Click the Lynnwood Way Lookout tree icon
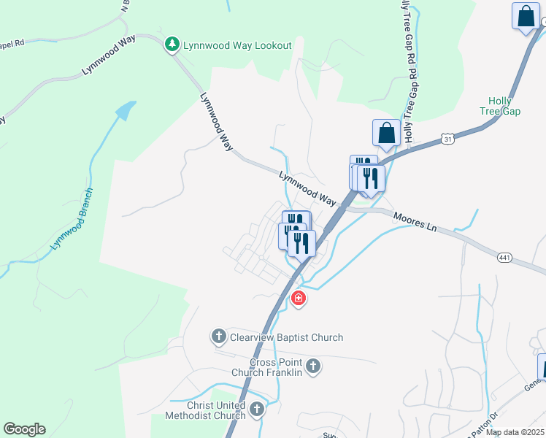point(172,45)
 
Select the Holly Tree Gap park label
point(504,105)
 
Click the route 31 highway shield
point(448,139)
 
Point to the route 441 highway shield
point(504,258)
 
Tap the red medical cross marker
point(298,298)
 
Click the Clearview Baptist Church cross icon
point(218,337)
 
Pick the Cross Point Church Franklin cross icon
point(313,366)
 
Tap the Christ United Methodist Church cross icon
point(256,410)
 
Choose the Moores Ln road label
point(414,222)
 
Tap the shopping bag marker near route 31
point(386,134)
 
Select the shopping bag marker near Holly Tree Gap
point(526,16)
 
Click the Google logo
point(24,429)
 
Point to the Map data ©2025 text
point(515,432)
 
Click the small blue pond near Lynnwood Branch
point(126,110)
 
